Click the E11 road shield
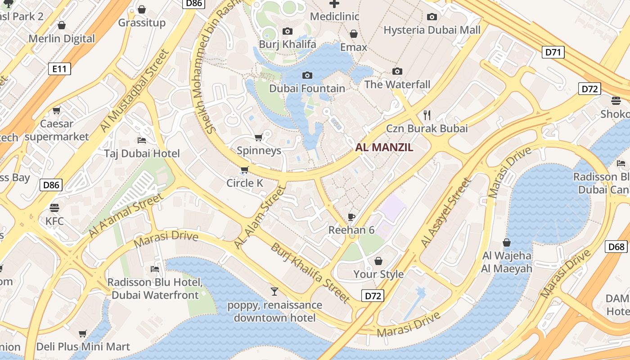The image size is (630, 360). coord(59,69)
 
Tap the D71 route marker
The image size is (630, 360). coord(553,52)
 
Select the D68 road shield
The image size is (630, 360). coord(616,247)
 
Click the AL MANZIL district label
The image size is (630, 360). coord(384,147)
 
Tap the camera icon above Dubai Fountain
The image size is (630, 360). coord(307,75)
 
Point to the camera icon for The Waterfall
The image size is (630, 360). coord(397,71)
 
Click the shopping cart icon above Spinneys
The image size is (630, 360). coord(258,137)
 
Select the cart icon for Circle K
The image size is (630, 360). coord(244,170)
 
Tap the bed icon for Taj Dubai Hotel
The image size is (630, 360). coord(142,140)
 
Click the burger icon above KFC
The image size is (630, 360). coord(54,207)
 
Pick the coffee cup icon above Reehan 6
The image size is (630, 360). coord(351,217)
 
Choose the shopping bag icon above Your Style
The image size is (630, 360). coord(378,261)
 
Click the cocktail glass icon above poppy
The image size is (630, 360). coord(274,291)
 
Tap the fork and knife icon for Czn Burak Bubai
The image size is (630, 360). coord(427,115)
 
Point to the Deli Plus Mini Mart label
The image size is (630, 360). coord(83,346)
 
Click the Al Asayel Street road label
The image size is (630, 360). coord(446,212)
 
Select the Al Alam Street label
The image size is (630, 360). coord(260,217)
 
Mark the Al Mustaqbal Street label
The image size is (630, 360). coord(135,90)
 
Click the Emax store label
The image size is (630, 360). coord(354,47)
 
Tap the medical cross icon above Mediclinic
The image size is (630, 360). coord(334,4)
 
